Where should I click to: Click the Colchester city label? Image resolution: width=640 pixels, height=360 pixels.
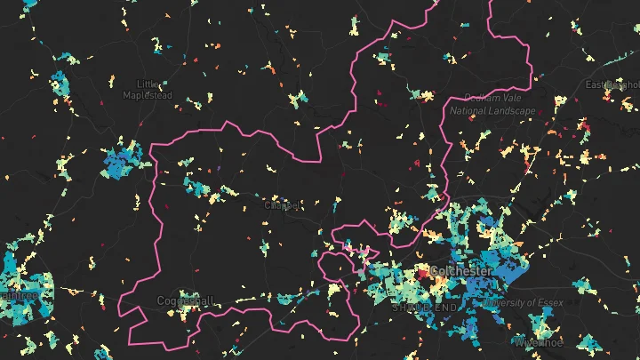point(460,270)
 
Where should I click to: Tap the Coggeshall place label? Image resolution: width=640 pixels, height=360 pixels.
point(185,300)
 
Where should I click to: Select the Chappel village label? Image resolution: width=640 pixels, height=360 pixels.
point(278,205)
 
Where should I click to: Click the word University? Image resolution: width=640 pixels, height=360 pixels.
point(508,303)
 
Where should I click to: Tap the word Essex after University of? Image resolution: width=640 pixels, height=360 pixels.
point(553,303)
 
